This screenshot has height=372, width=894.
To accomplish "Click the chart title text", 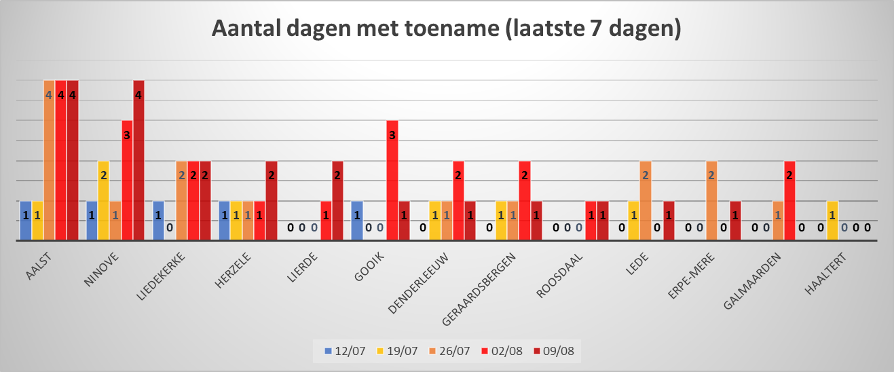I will click(446, 30).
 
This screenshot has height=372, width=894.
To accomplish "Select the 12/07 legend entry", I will click(346, 351).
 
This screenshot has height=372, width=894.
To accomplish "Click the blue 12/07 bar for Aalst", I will click(26, 221).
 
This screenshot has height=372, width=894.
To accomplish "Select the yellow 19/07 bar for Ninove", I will click(103, 200).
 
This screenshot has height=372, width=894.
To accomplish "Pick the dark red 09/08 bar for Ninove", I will click(138, 160).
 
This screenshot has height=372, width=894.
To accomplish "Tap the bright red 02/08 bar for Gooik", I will click(392, 180).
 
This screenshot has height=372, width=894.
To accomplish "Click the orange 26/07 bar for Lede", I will click(646, 200).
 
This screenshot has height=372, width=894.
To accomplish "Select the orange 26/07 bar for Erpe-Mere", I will click(712, 200).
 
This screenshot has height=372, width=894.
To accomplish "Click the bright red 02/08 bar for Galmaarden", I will click(789, 200).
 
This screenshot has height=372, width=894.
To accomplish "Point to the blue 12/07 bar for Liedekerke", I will click(158, 221).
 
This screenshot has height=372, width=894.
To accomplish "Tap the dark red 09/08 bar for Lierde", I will click(337, 200).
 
